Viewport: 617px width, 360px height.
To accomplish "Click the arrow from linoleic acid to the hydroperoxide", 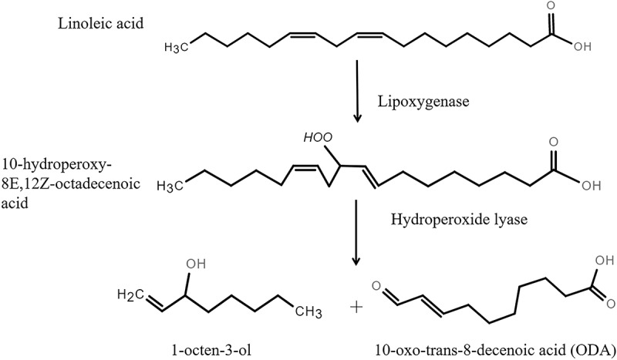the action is click(x=357, y=93).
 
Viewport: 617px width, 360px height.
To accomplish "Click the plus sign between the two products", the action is click(x=356, y=307).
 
